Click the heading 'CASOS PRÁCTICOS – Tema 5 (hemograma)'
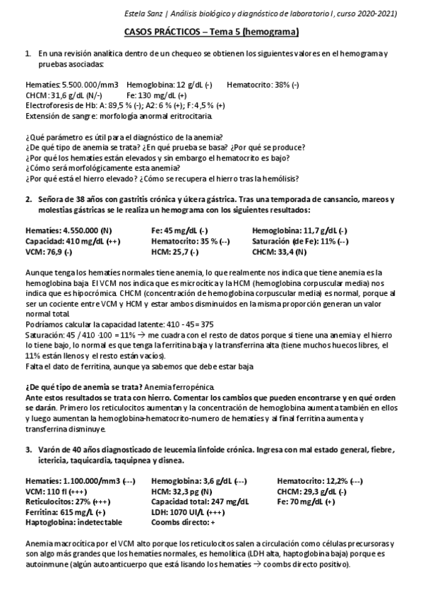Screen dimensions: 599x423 [211, 32]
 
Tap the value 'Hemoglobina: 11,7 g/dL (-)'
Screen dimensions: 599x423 [299, 231]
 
